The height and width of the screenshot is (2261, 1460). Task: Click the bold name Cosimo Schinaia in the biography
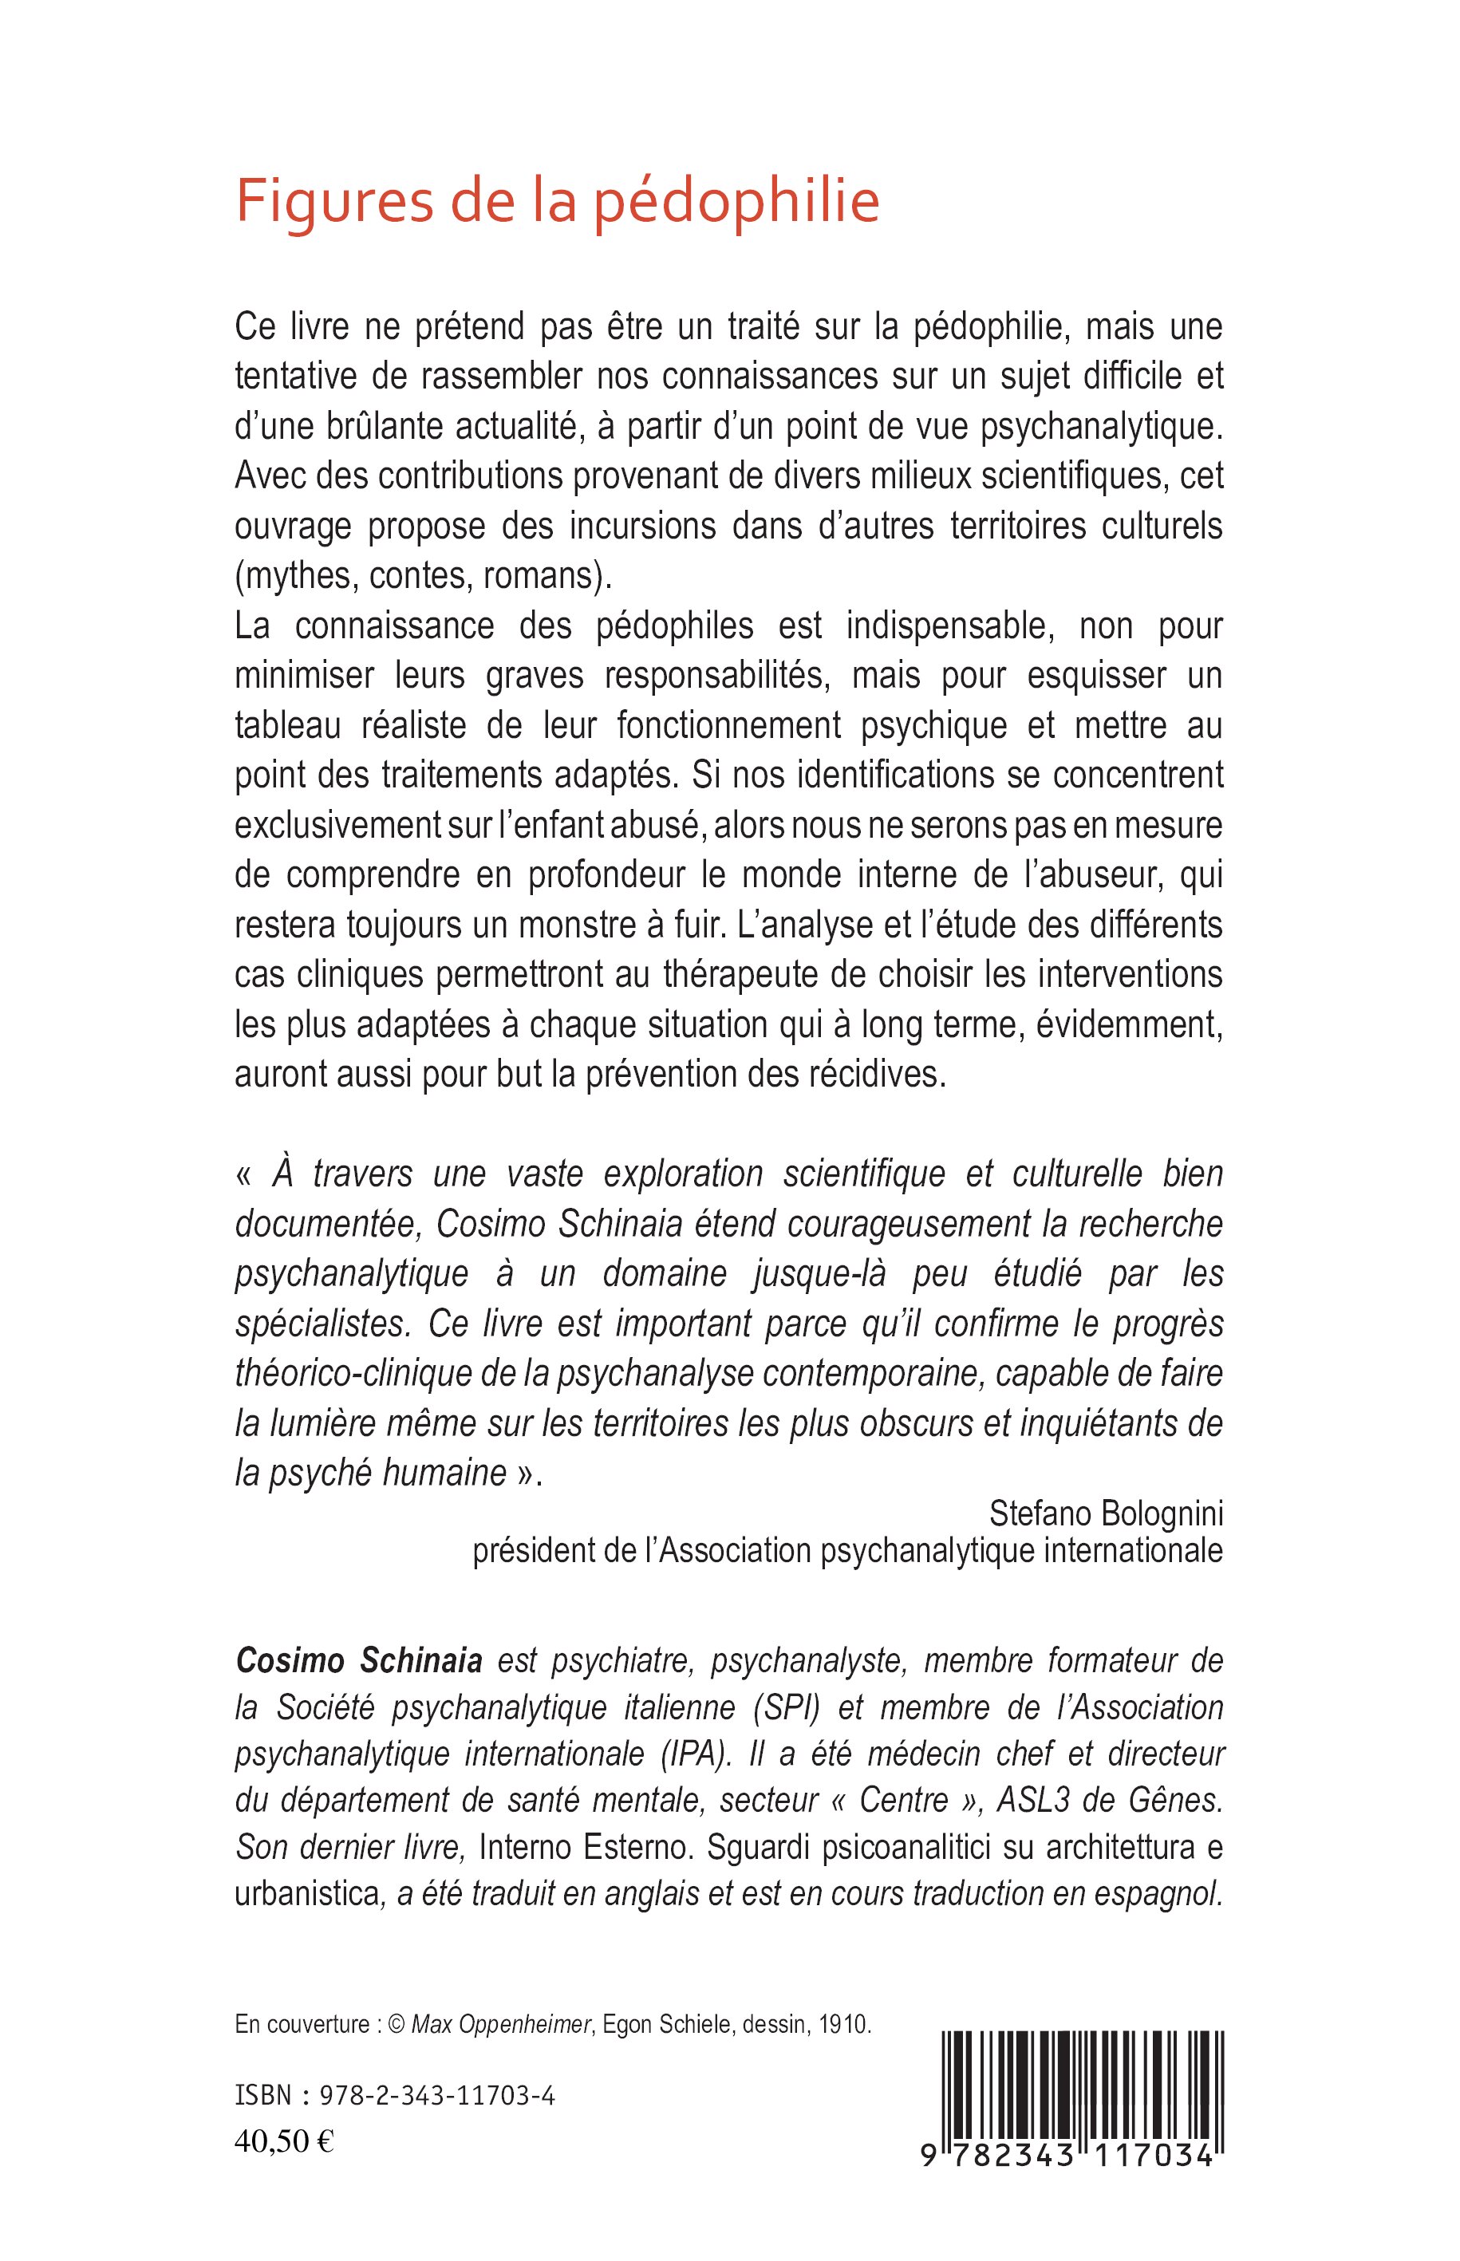(x=358, y=1661)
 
